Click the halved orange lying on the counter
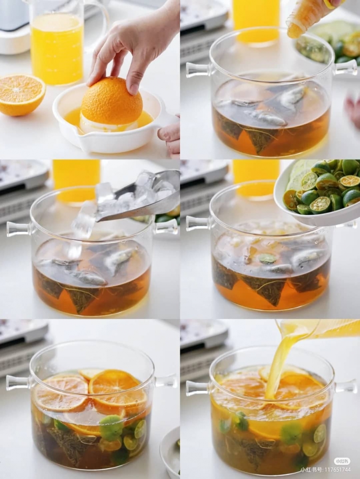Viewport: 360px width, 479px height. coord(22,95)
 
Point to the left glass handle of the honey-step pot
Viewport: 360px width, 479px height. coord(198,69)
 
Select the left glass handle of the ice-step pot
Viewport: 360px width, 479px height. coord(18,229)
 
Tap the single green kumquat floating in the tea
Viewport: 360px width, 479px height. coord(267,258)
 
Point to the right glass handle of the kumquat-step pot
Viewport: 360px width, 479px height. coord(347,225)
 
